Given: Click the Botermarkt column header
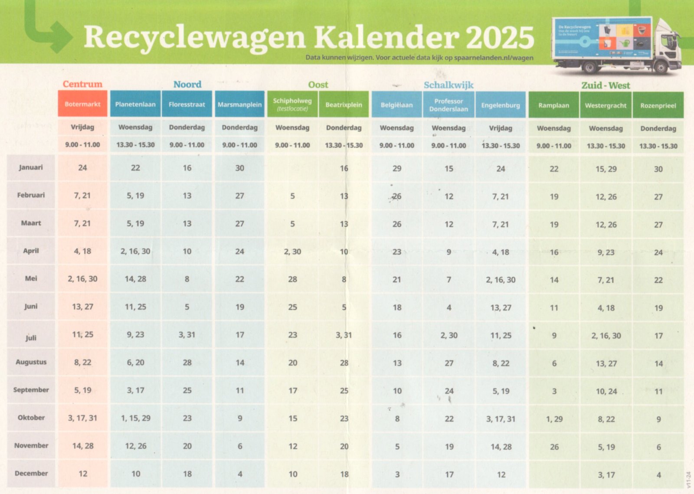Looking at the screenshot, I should click(x=82, y=104).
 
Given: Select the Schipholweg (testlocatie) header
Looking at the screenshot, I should click(x=292, y=105).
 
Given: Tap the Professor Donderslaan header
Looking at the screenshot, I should click(x=448, y=105).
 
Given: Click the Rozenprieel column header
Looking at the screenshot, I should click(x=658, y=105).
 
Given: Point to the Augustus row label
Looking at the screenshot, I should click(x=31, y=362).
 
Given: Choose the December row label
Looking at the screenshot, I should click(x=31, y=473).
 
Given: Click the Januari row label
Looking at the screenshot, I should click(x=31, y=167).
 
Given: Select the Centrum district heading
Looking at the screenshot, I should click(x=82, y=84).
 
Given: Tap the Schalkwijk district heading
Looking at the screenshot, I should click(x=448, y=85).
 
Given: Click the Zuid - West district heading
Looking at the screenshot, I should click(x=606, y=85).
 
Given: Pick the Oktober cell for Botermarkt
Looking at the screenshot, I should click(x=82, y=418).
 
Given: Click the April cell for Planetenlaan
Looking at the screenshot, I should click(x=135, y=251).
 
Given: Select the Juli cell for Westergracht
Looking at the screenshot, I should click(x=606, y=336).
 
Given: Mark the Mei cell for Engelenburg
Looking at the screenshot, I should click(x=501, y=280).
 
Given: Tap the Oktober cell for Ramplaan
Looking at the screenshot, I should click(x=554, y=419).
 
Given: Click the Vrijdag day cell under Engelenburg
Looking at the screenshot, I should click(x=501, y=128).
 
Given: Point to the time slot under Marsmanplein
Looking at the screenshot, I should click(x=239, y=145).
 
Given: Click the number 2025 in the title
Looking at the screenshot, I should click(x=500, y=37).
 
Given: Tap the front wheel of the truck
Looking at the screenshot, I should click(x=660, y=67).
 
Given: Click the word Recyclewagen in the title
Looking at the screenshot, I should click(x=195, y=37).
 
